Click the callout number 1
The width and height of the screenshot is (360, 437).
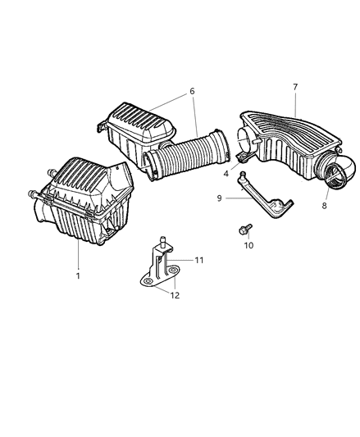click(78, 276)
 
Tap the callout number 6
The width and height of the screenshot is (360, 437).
click(192, 91)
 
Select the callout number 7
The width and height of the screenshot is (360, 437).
click(295, 87)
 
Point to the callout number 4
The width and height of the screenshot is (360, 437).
click(226, 174)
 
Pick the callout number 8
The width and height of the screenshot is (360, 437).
click(324, 206)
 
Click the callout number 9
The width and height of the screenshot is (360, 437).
click(219, 198)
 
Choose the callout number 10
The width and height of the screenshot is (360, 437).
click(248, 245)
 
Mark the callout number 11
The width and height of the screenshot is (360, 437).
click(198, 260)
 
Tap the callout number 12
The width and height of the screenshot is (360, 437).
click(175, 295)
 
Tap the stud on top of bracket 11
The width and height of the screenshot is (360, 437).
click(162, 240)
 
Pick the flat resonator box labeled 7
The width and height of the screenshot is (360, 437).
click(290, 145)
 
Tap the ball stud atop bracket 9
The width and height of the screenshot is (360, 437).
click(243, 174)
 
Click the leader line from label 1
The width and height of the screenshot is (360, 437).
click(79, 254)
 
